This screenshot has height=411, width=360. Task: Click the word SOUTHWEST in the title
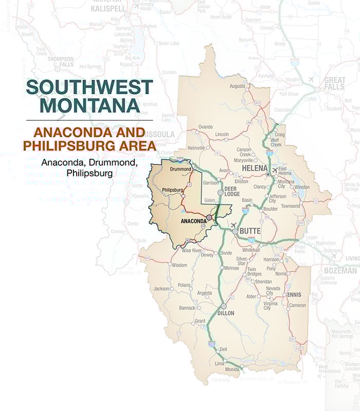[x=89, y=87]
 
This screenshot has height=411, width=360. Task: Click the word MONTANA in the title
[x=89, y=105]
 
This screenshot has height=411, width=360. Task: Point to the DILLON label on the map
[x=224, y=313]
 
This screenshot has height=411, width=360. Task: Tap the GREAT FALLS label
[x=335, y=84]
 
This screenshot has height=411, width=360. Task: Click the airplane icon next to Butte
[x=235, y=225]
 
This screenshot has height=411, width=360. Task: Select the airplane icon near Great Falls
[x=311, y=79]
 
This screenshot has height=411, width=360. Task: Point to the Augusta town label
[x=237, y=86]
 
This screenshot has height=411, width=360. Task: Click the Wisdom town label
[x=179, y=265]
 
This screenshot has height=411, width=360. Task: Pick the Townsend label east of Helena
[x=290, y=206]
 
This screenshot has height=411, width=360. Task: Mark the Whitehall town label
[x=251, y=250]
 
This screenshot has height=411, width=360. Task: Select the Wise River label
[x=190, y=250]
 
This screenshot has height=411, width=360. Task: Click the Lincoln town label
[x=222, y=134]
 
